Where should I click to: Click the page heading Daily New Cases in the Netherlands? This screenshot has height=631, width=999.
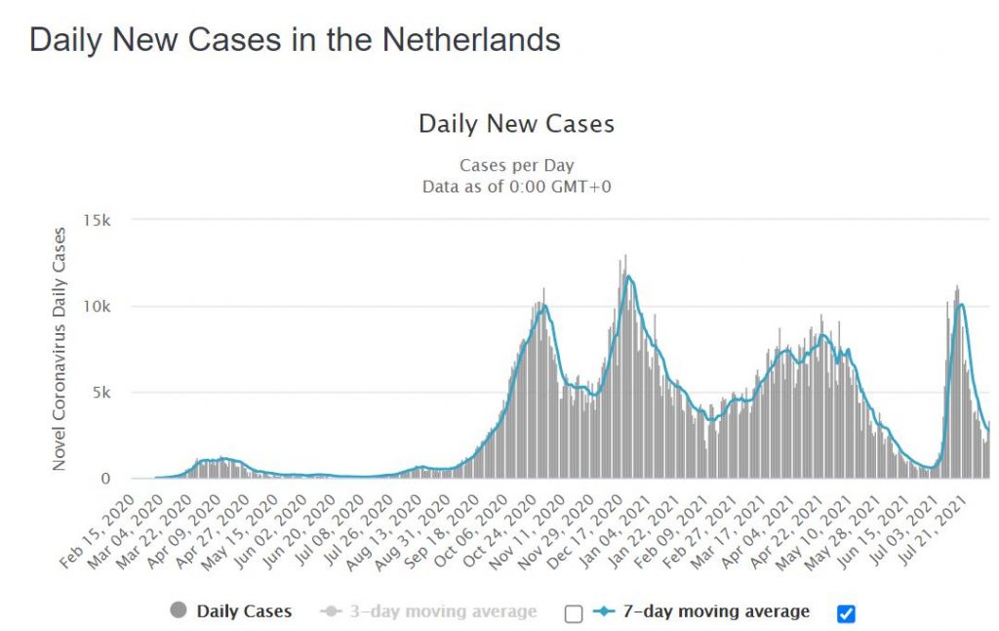point(295,40)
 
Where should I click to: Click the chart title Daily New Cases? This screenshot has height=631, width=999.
point(516,124)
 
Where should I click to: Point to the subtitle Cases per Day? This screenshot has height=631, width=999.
point(516,166)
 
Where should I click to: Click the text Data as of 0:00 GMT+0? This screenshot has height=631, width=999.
point(516,186)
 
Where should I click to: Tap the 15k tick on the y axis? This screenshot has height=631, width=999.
point(100,220)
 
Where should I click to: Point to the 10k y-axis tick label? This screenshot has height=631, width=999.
point(100,307)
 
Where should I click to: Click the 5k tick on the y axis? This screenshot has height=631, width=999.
point(104,393)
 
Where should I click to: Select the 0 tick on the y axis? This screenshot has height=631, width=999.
point(110,479)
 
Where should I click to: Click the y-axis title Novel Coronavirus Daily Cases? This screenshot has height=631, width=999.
point(60,349)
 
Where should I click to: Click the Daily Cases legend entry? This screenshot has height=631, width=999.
point(244,611)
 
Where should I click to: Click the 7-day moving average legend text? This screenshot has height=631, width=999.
point(715,611)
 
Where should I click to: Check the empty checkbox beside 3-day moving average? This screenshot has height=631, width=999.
point(574,613)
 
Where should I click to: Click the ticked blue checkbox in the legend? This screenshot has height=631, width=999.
point(846,613)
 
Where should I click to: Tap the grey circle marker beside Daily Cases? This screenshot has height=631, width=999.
point(178,611)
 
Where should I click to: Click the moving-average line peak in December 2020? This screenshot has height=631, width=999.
point(629,276)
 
